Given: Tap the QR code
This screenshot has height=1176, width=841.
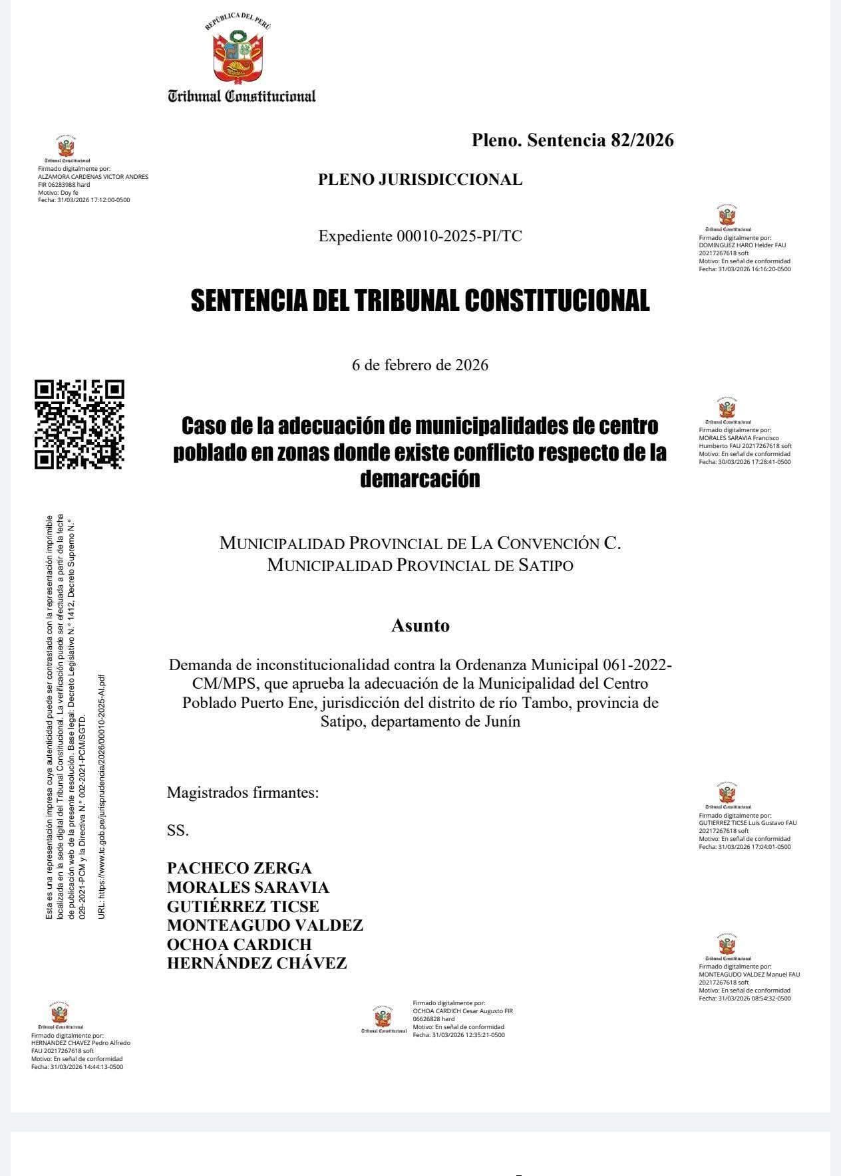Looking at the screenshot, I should pos(79,424).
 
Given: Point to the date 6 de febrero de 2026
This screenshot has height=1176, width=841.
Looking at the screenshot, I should pos(420,365).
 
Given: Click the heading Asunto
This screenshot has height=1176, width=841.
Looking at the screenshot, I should pos(420,626).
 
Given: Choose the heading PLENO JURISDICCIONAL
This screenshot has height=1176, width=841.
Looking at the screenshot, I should pos(420,179).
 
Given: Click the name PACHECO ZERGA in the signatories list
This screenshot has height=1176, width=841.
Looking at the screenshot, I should pos(239,868).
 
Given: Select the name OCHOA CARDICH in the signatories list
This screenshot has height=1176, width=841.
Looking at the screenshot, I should pos(239,945).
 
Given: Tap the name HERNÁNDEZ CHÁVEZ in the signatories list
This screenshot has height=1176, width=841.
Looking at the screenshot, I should pos(257,963).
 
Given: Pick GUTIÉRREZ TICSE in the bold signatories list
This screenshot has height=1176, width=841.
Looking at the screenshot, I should pos(243,907).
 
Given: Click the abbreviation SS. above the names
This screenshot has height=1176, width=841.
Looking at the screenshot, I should pos(178,830).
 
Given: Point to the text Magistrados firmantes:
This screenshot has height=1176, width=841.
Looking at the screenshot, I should pos(243,792).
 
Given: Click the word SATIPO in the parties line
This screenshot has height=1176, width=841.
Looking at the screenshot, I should pos(544,566).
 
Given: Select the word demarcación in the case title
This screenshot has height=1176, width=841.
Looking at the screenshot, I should pos(420,479).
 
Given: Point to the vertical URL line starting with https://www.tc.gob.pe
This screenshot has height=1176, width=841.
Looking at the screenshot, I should pos(101,798).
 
